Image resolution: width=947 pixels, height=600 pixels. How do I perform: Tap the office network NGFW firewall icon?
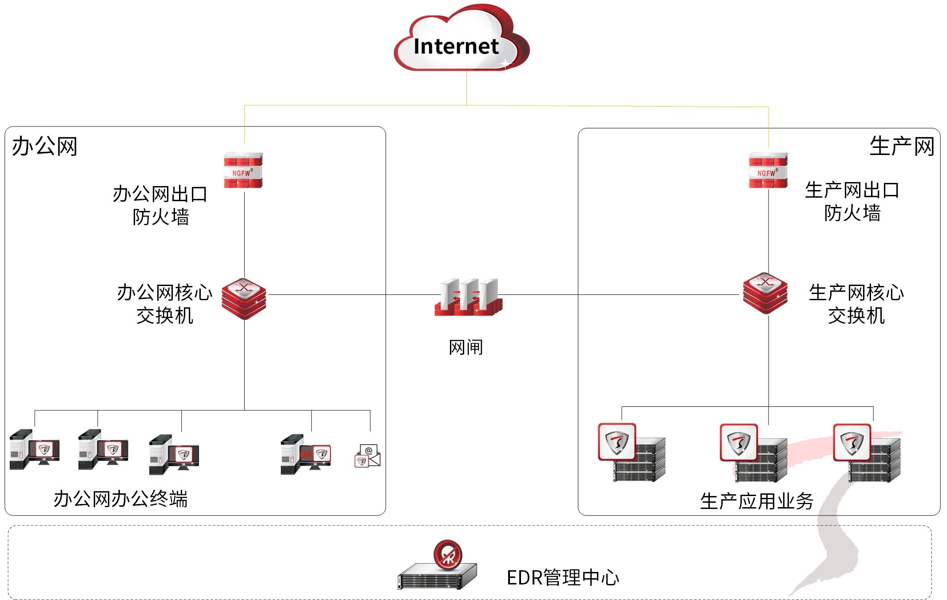(x=243, y=171)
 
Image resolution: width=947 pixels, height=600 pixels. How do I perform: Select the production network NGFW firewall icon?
(x=768, y=171)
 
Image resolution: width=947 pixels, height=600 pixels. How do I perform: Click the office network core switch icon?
(x=244, y=298)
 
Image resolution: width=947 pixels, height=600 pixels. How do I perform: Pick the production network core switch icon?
(x=765, y=293)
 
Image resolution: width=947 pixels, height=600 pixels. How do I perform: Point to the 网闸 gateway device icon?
(x=468, y=297)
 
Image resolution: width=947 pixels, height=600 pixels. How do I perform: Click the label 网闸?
(x=466, y=347)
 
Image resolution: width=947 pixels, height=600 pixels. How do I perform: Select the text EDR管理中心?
(x=562, y=577)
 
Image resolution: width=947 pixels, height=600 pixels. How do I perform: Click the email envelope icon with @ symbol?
(x=368, y=456)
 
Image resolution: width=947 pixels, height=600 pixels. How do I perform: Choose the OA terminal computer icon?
(x=306, y=454)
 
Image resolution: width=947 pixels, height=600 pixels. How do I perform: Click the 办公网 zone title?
(x=44, y=147)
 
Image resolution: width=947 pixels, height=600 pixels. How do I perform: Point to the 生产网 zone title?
(x=901, y=147)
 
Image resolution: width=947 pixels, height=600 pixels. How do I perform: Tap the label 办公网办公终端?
(x=120, y=499)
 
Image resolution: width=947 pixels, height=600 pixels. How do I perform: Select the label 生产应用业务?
(x=756, y=501)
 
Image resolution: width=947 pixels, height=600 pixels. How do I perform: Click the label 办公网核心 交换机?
(x=165, y=304)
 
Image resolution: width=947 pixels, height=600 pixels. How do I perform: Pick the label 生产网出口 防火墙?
(x=852, y=201)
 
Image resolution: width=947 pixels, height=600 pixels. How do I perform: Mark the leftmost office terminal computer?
(x=35, y=449)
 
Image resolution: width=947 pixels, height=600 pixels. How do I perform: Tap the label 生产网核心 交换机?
(x=856, y=304)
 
